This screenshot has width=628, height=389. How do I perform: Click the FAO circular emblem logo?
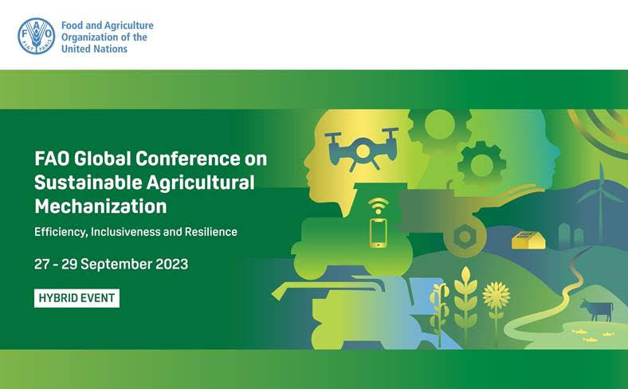pyautogui.click(x=37, y=36)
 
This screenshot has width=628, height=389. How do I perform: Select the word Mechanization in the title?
pyautogui.click(x=100, y=206)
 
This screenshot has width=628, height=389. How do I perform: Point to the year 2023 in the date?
pyautogui.click(x=168, y=264)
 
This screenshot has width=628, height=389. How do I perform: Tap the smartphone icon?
pyautogui.click(x=378, y=232)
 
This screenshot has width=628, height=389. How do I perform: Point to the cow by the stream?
pyautogui.click(x=597, y=308)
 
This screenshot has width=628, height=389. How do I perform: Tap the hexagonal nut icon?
pyautogui.click(x=464, y=237)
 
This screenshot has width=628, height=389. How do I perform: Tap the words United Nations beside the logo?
pyautogui.click(x=94, y=48)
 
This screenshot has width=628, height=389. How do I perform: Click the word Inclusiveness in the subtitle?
pyautogui.click(x=128, y=232)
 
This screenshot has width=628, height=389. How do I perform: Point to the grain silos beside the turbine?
pyautogui.click(x=568, y=233)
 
